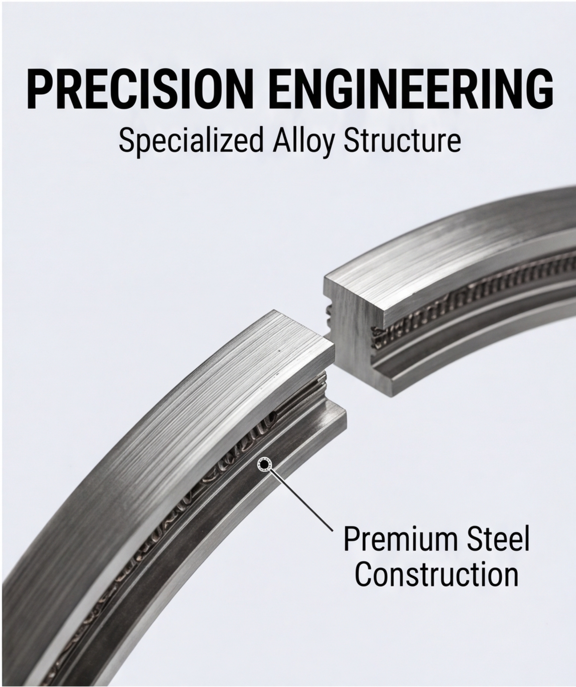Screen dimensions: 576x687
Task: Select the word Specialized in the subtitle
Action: tap(190, 141)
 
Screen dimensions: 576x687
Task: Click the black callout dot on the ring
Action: tap(265, 465)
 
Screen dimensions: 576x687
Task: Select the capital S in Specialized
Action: tap(126, 141)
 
